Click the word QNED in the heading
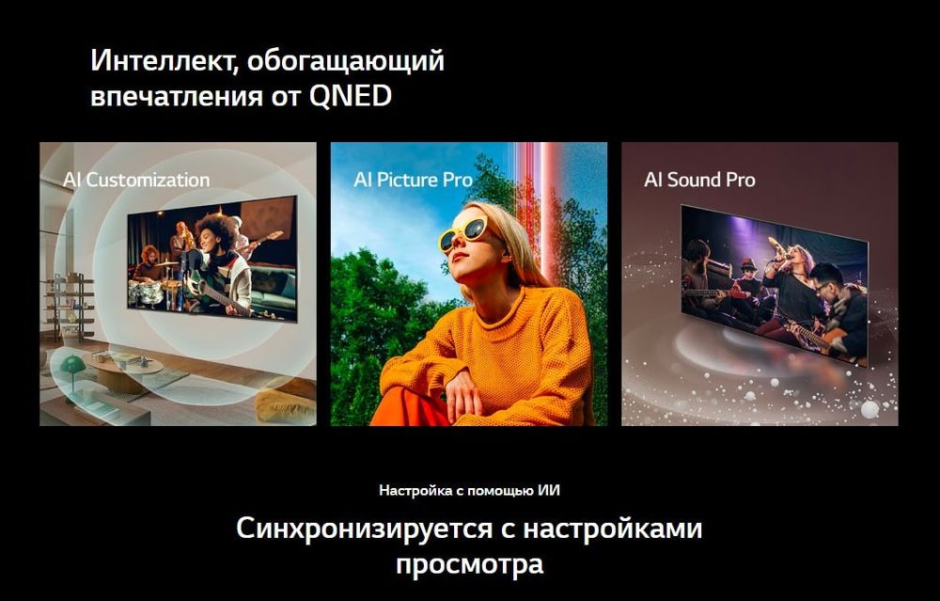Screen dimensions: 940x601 click(350, 96)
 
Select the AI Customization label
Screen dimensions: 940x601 click(136, 180)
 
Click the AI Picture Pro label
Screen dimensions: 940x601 click(413, 180)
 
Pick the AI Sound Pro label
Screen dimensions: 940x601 click(699, 180)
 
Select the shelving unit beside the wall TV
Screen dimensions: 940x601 click(70, 306)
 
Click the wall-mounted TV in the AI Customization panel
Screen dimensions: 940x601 click(212, 258)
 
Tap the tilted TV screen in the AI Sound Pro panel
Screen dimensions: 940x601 click(775, 285)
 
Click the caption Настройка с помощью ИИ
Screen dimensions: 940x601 click(469, 491)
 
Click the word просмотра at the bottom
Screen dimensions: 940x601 click(469, 564)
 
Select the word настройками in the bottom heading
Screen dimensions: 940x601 click(613, 529)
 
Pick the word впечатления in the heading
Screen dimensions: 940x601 click(177, 97)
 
